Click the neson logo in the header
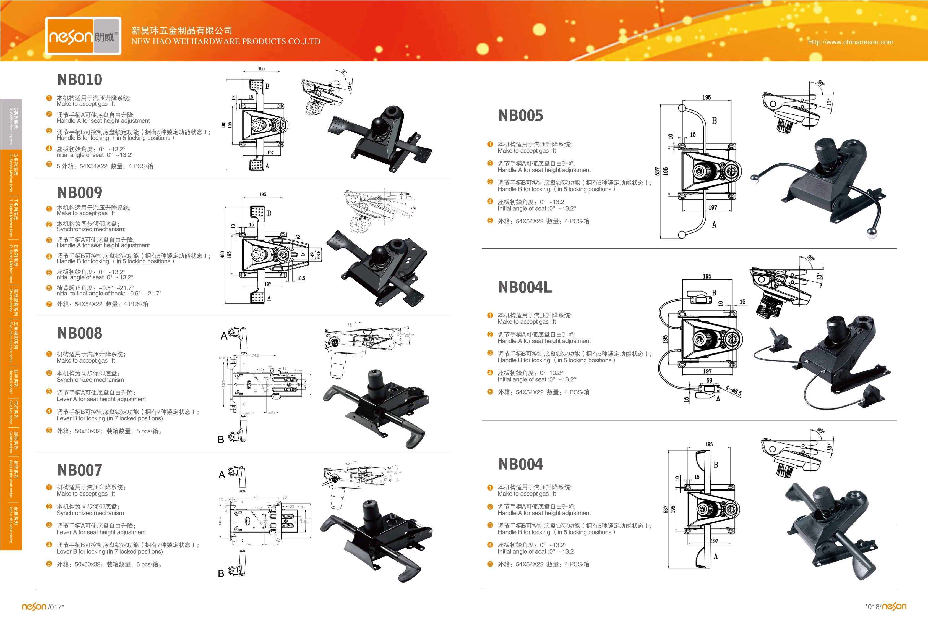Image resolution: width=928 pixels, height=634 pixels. pos(83,36)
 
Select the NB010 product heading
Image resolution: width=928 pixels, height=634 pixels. pos(80,80)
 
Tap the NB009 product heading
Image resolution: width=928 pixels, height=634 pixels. pos(80,193)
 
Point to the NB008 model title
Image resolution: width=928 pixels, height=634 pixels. pos(80,333)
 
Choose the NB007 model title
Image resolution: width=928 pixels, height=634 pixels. pos(80,470)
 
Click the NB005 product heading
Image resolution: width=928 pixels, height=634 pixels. pos(521,116)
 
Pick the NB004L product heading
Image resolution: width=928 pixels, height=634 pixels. pos(525,287)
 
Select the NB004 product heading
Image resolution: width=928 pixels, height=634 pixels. pos(521,464)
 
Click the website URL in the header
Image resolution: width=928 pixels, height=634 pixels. pos(851,42)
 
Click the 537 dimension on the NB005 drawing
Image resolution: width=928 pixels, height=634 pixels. pos(657,172)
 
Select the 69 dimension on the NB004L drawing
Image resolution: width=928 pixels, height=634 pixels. pos(709,380)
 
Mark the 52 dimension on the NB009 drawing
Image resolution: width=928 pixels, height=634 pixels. pos(298,237)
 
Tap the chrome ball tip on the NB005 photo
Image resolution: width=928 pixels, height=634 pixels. pos(871,233)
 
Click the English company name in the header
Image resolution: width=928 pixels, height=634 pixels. pos(226,41)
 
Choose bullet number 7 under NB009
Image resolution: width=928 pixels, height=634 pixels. pos(49,304)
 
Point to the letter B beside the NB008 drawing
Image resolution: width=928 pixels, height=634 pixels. pos(221,440)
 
